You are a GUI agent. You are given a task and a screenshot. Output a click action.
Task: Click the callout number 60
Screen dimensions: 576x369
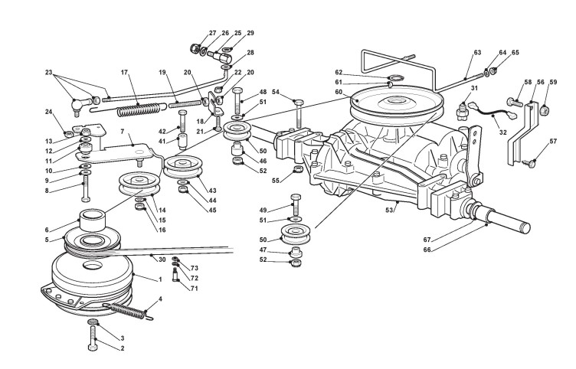click(339, 92)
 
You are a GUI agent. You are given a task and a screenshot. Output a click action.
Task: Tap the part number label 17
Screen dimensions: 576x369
click(124, 72)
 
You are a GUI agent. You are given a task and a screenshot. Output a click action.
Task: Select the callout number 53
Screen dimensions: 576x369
click(389, 210)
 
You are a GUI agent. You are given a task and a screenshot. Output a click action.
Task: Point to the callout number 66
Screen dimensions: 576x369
click(427, 250)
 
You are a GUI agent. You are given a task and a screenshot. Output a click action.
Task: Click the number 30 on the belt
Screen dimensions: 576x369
click(162, 260)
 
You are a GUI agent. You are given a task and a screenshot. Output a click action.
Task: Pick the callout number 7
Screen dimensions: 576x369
click(123, 131)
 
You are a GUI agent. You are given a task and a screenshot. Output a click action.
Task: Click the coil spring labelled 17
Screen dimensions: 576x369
click(139, 109)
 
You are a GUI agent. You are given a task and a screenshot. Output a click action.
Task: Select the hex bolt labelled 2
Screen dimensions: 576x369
click(93, 337)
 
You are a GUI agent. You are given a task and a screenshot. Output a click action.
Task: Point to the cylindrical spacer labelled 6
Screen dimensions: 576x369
click(93, 220)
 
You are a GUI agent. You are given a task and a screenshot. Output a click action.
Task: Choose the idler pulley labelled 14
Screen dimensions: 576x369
click(139, 183)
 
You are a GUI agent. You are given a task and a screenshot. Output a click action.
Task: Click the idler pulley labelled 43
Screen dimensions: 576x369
click(184, 167)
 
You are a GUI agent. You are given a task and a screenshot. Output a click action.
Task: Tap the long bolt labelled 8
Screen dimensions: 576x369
click(86, 188)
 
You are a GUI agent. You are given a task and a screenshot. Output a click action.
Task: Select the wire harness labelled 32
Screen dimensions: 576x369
click(493, 112)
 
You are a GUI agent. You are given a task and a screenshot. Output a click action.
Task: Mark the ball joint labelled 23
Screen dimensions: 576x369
click(78, 106)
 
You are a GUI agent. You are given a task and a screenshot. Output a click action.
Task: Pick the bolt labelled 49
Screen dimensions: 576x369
click(296, 205)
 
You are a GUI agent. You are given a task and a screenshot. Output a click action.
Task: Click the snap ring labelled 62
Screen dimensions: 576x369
click(396, 77)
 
